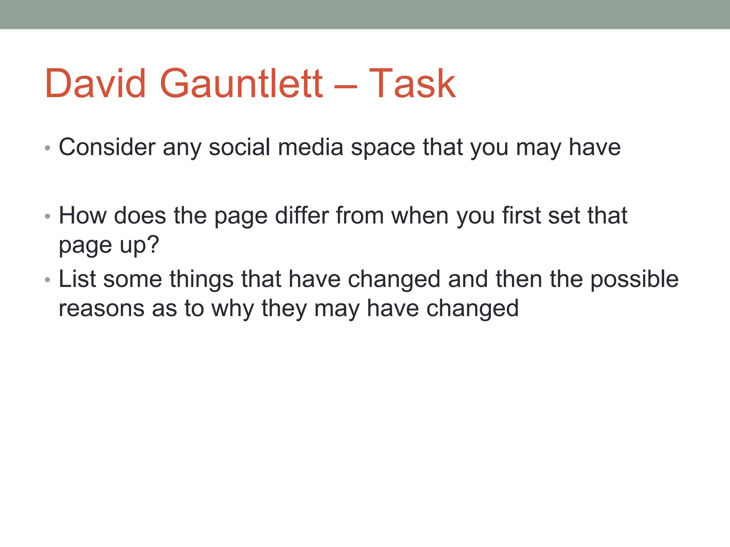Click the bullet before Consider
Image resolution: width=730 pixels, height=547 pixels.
pyautogui.click(x=48, y=148)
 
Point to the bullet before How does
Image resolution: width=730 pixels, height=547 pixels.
pyautogui.click(x=48, y=216)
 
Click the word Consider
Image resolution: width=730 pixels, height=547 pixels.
pyautogui.click(x=107, y=147)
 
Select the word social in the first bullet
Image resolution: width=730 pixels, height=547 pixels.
pyautogui.click(x=239, y=147)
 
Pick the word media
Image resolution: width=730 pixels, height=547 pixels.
pyautogui.click(x=310, y=147)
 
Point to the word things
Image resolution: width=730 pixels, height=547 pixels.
pyautogui.click(x=201, y=280)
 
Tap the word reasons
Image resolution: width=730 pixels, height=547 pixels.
pyautogui.click(x=102, y=308)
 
